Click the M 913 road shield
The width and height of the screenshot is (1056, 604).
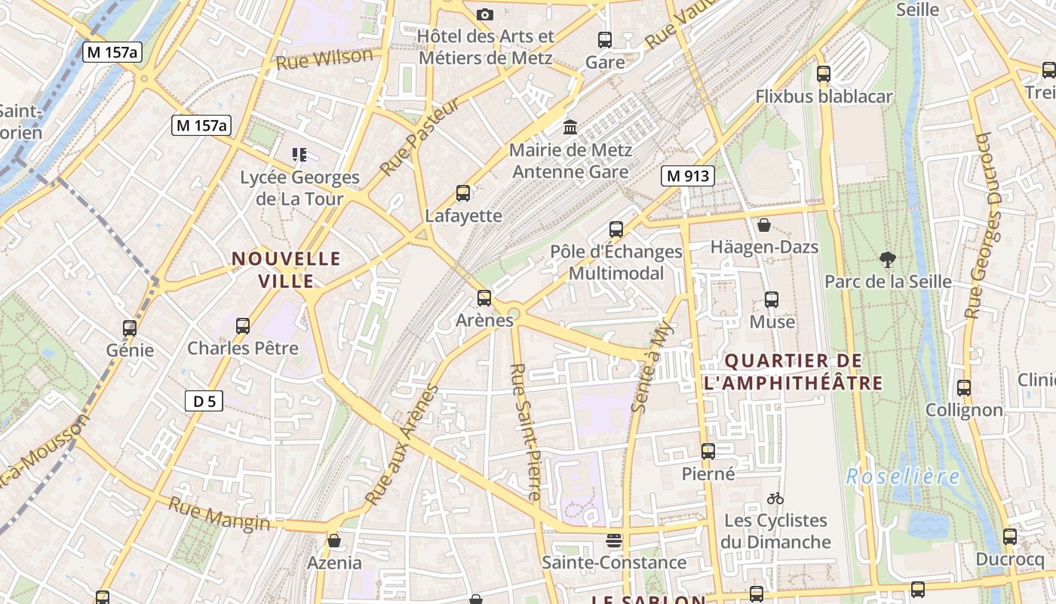(688, 177)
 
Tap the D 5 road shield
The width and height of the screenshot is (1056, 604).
(204, 402)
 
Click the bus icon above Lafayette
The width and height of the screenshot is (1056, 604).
(463, 193)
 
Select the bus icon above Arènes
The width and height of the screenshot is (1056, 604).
(484, 298)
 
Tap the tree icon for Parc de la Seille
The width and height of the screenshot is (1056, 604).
(888, 260)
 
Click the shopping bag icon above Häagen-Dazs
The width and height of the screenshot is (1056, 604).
(764, 225)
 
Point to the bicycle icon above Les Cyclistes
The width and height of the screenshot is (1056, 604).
(775, 498)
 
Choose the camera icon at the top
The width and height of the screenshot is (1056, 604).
(485, 14)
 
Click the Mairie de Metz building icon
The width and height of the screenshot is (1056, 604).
(570, 127)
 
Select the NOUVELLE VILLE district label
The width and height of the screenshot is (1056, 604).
(286, 270)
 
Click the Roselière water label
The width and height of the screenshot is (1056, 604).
(903, 476)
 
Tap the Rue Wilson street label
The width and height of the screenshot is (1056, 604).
(324, 59)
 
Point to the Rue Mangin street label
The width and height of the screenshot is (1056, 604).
(219, 514)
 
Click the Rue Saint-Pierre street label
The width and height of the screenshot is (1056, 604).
(526, 433)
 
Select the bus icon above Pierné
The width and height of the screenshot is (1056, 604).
(708, 451)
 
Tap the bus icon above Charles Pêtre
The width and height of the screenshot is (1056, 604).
(243, 326)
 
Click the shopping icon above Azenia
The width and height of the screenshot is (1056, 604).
(334, 541)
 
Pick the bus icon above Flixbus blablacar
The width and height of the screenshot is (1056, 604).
(824, 74)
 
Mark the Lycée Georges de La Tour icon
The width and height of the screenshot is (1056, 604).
(299, 155)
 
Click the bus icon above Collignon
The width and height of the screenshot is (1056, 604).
(964, 388)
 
